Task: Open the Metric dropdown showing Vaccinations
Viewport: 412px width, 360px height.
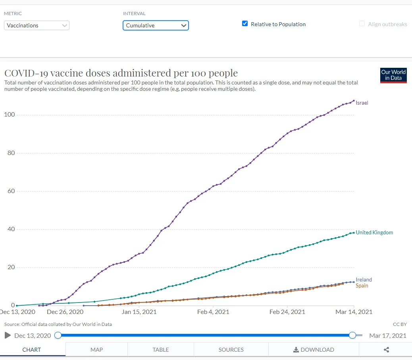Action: pos(37,25)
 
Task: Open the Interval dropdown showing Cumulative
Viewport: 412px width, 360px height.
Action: pos(156,25)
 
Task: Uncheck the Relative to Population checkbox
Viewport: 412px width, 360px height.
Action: pos(245,24)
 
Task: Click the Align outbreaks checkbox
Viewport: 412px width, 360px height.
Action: pos(362,24)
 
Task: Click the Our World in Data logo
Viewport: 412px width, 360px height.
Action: pos(393,75)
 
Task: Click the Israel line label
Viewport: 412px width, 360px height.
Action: pos(362,103)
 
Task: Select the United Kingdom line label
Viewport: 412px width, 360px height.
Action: pos(374,232)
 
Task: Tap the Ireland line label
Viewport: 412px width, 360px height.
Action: pos(364,280)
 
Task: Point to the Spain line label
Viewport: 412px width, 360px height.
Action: pos(362,285)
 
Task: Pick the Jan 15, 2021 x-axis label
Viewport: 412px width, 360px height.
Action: pos(139,312)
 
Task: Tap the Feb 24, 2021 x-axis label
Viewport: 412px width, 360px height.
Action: pos(287,312)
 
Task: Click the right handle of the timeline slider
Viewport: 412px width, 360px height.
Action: pos(352,335)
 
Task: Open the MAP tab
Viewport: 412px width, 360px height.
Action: pos(96,350)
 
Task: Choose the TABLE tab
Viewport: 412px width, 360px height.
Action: pos(161,350)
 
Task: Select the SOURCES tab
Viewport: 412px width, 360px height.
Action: pos(231,350)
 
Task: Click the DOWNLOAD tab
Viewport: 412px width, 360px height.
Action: pos(314,350)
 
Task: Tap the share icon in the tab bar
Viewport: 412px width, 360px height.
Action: pos(387,350)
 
